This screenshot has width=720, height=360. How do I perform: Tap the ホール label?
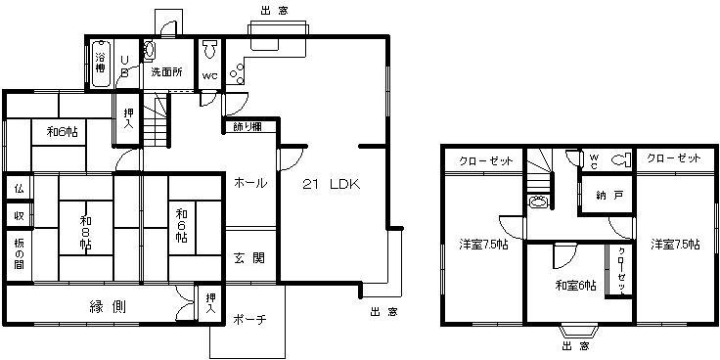250,183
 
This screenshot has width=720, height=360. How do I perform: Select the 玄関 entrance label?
248,259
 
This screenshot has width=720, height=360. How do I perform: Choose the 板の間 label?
19,252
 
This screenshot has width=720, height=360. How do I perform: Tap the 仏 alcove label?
19,187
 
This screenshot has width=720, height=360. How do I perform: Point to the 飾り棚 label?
247,125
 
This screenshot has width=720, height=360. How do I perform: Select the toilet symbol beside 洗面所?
151,51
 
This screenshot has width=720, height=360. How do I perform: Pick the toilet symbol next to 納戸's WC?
618,160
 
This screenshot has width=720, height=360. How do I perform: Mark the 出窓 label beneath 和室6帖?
576,345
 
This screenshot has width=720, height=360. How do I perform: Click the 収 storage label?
19,215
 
